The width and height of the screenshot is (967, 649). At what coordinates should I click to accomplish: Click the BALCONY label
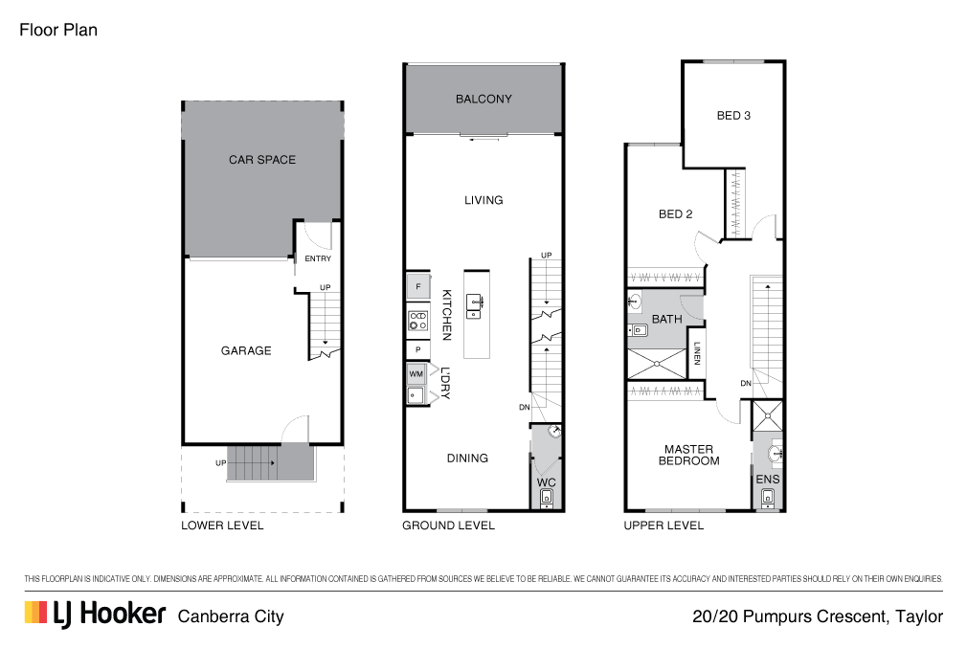(483, 99)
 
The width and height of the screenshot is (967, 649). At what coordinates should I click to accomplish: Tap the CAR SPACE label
(262, 160)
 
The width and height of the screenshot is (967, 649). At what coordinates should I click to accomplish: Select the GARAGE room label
(246, 350)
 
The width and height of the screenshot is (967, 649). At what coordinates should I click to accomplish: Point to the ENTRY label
(318, 258)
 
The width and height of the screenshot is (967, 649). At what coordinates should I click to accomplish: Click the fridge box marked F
(418, 286)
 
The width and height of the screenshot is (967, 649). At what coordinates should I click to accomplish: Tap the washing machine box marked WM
(416, 374)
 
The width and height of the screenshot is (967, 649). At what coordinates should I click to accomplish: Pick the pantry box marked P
(418, 350)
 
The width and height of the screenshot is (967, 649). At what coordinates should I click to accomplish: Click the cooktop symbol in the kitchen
(418, 321)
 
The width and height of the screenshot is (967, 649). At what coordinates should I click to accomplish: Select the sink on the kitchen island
(474, 306)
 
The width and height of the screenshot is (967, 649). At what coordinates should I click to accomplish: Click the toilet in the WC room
(547, 498)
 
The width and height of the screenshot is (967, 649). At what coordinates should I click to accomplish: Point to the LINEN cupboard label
(697, 354)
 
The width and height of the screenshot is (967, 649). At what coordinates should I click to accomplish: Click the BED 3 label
(733, 116)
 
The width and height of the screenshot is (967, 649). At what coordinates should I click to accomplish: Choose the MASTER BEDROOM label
(688, 456)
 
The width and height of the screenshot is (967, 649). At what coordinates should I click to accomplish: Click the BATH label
(667, 320)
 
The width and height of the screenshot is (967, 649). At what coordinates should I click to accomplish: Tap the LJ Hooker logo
(95, 615)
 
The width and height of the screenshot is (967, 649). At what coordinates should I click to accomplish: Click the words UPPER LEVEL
(663, 526)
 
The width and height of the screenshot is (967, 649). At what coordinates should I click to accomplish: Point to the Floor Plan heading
(58, 31)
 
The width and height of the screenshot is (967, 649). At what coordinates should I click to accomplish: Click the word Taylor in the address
(919, 617)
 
